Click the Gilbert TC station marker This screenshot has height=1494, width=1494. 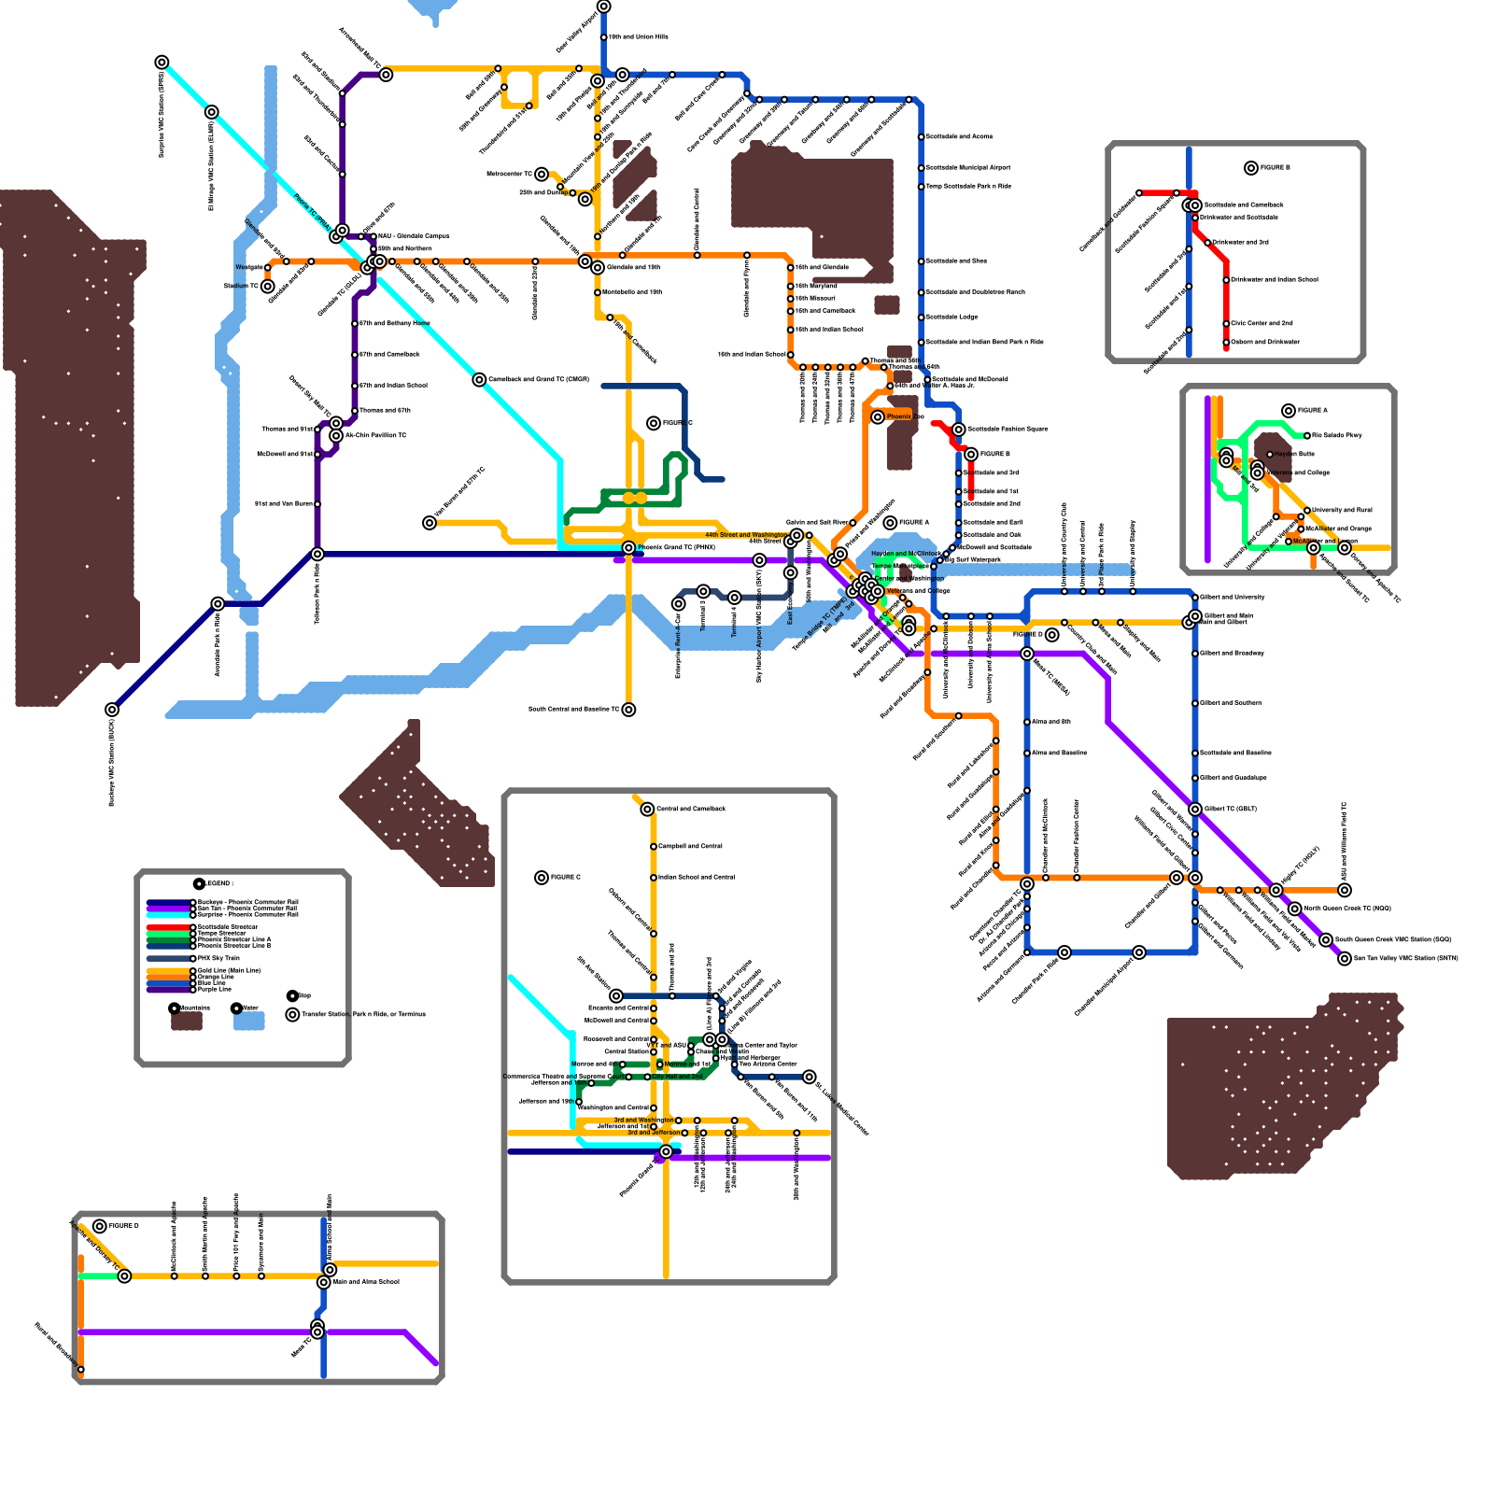(1195, 810)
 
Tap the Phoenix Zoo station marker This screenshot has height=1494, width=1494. (878, 417)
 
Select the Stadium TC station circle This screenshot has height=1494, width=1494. (268, 287)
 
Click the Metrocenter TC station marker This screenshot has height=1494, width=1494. (542, 175)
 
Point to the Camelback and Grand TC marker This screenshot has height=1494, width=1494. (479, 380)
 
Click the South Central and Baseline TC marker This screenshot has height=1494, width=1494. (629, 710)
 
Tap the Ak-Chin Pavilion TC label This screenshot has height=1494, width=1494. (375, 436)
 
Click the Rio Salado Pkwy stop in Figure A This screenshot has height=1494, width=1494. (1307, 436)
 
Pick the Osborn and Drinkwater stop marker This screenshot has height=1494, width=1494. (1226, 343)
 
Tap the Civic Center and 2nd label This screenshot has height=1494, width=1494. (1261, 324)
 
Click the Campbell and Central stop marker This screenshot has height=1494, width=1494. (654, 847)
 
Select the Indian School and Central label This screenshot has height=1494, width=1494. (696, 878)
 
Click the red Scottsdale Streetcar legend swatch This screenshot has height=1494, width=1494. (169, 926)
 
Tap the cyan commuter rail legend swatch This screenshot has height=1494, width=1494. (169, 915)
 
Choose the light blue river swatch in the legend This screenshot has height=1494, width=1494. (248, 1022)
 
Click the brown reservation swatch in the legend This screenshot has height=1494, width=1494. (187, 1022)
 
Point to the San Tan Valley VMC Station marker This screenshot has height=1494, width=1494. (1345, 959)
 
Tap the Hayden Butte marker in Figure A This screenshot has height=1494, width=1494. (1270, 455)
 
